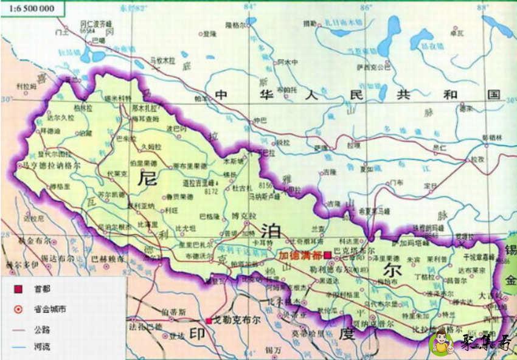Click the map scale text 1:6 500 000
point(28,9)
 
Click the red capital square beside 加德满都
point(327,255)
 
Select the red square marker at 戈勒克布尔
point(209,320)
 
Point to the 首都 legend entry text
point(43,291)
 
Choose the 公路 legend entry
point(43,329)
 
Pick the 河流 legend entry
point(43,348)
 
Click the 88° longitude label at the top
point(484,7)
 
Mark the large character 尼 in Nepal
point(148,178)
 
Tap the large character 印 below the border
point(196,334)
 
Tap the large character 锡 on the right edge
point(510,251)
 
